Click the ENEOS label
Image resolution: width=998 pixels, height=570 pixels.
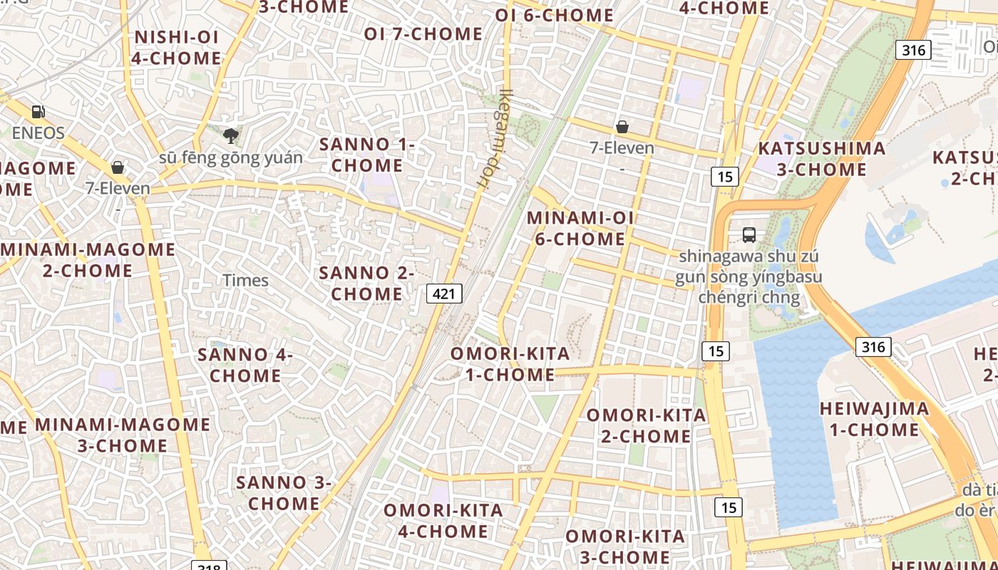tap(38, 133)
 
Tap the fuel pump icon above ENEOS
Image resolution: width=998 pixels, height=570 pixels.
tap(38, 112)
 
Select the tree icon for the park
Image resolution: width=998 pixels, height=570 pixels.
tap(230, 135)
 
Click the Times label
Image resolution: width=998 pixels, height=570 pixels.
tap(246, 281)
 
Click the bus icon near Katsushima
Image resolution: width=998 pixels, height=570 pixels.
tap(748, 234)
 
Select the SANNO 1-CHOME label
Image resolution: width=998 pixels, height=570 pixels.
tap(367, 155)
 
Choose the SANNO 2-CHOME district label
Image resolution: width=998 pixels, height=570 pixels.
tap(366, 283)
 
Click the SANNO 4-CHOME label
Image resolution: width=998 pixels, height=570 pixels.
tap(245, 365)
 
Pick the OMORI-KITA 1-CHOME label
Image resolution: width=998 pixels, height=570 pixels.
tap(510, 364)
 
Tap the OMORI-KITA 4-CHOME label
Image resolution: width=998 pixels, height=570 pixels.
tap(443, 521)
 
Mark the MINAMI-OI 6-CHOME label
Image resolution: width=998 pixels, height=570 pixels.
tap(580, 229)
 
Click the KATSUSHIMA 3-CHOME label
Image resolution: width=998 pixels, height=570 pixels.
tap(822, 159)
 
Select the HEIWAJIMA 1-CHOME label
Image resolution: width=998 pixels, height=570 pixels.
tap(875, 419)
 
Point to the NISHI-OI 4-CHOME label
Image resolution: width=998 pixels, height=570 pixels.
tap(176, 48)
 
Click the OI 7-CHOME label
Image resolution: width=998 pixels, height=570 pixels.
tap(423, 33)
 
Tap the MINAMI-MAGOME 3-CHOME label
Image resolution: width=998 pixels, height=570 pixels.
tap(123, 435)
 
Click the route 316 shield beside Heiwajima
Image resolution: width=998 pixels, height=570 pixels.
tap(873, 347)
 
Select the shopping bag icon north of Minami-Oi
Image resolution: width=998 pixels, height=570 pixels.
tap(622, 127)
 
